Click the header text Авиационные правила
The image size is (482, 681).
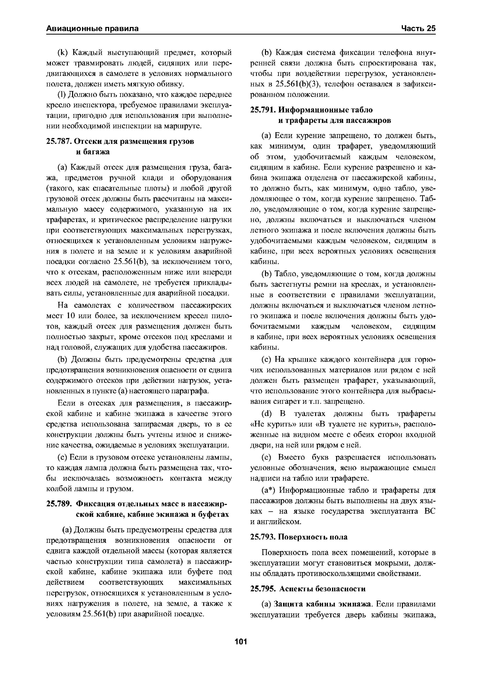coord(92,29)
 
